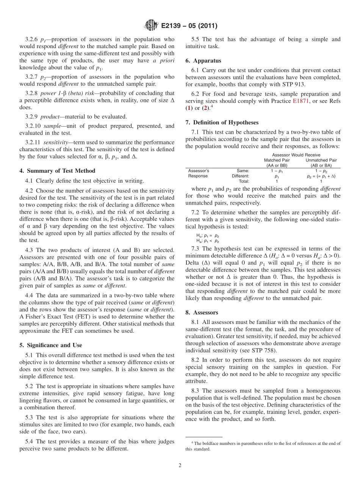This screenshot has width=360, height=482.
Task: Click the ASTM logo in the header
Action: coord(151,26)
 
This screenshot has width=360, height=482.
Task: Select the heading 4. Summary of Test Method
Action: coord(57,171)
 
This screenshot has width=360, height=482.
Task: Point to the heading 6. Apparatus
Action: coord(203,61)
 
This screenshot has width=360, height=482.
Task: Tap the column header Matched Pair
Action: coord(277,160)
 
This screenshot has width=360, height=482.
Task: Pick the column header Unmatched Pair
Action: coord(321,160)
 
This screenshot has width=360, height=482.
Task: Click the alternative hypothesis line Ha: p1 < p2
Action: coord(207,241)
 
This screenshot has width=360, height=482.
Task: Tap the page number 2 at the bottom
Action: coord(180,466)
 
